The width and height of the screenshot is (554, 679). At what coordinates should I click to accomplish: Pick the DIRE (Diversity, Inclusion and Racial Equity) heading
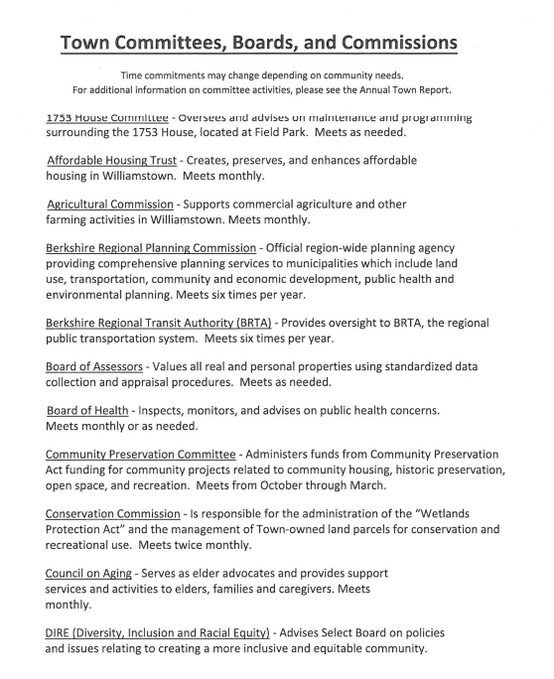(x=158, y=632)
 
